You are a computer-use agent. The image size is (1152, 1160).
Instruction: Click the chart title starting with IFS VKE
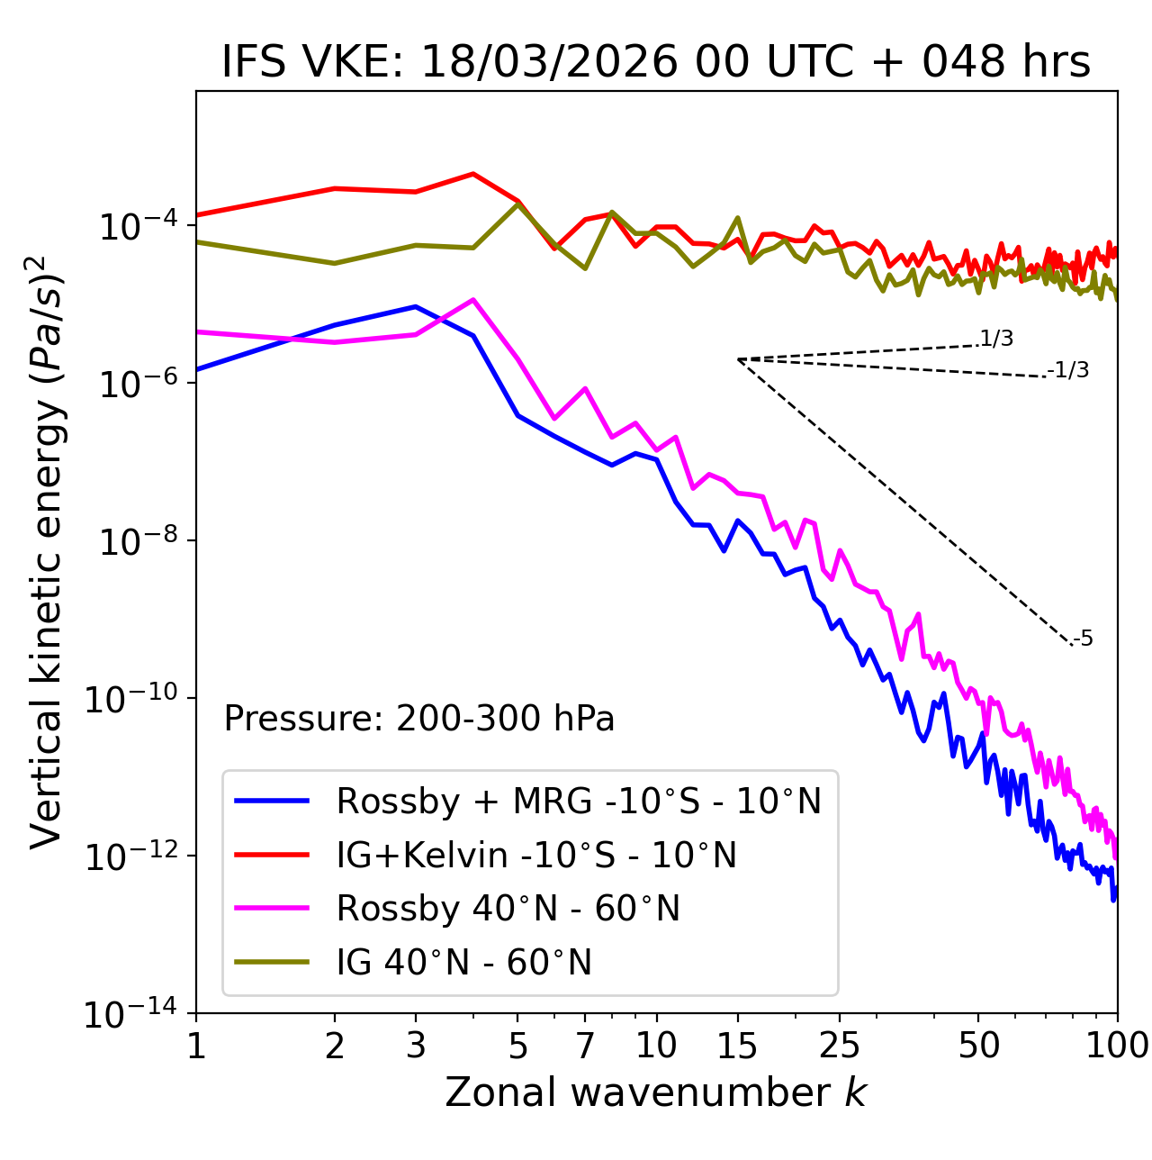click(656, 63)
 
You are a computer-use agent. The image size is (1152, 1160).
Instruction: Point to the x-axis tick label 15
click(737, 1046)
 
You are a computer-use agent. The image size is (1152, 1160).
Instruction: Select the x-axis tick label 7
click(585, 1046)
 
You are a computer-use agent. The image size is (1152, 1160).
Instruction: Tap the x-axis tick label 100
click(1117, 1046)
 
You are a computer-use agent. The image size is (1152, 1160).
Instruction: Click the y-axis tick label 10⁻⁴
click(136, 226)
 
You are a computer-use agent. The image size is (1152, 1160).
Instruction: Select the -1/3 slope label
click(1069, 370)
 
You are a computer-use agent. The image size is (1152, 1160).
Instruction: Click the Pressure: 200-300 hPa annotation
click(418, 719)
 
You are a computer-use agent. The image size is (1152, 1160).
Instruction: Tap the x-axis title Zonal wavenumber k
click(655, 1092)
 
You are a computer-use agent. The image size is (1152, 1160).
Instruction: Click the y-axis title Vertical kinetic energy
click(47, 552)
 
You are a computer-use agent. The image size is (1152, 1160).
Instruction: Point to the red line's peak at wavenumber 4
click(473, 174)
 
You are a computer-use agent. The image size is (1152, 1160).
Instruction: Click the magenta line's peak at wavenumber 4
click(473, 300)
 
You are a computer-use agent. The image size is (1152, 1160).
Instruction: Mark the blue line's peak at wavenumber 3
click(415, 307)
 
